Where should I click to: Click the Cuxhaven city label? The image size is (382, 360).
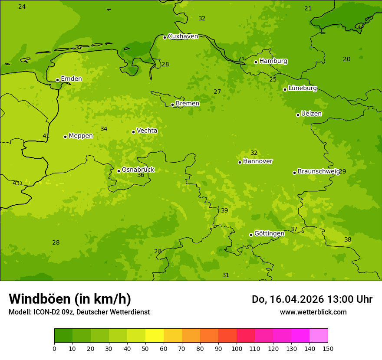183,36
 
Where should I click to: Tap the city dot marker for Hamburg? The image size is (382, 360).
256,62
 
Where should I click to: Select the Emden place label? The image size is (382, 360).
71,79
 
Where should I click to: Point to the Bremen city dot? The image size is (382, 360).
172,105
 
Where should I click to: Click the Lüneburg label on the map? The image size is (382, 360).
302,88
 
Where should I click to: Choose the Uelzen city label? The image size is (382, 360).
311,114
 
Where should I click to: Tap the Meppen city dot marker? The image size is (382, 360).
65,137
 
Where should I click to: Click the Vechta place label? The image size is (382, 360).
147,131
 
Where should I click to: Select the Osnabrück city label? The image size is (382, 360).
138,170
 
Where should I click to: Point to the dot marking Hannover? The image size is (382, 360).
240,162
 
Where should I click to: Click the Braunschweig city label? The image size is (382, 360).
318,172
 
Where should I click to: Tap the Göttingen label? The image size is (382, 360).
269,233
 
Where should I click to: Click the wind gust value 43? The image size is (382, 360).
16,183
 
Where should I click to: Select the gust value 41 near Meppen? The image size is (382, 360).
46,136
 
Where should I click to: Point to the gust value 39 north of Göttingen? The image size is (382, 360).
224,210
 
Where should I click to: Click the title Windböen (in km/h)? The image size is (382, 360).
70,299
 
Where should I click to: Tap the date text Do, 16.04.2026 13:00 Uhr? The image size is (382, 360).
312,299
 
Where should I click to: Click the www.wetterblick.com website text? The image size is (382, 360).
313,312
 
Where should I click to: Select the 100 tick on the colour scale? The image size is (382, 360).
237,348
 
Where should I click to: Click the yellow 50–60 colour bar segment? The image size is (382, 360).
155,336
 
